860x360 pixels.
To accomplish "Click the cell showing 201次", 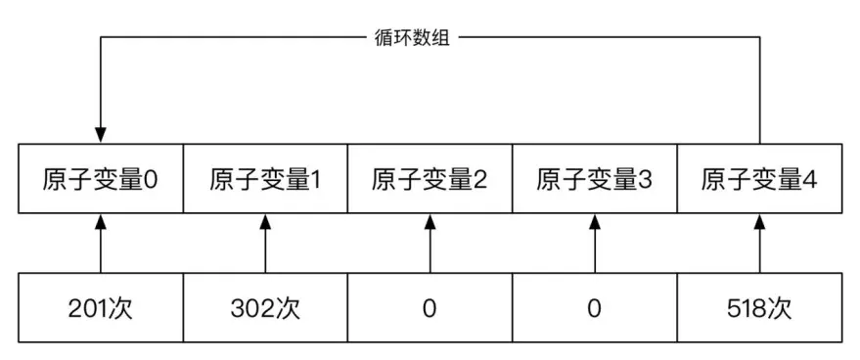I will (x=101, y=309).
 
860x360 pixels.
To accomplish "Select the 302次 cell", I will (x=265, y=309).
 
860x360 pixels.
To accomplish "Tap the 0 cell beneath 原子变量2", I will (x=430, y=309).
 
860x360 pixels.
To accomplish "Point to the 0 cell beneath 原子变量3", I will (x=594, y=309).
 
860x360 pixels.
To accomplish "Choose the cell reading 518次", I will (x=758, y=309).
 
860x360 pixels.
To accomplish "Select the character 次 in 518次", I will (x=780, y=309).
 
